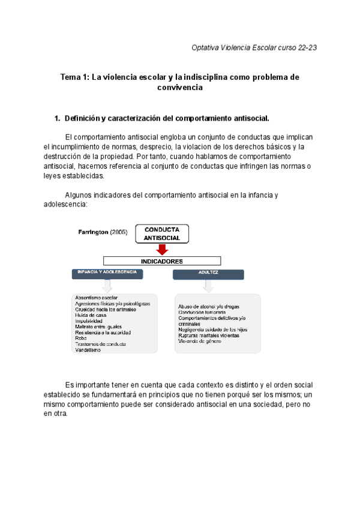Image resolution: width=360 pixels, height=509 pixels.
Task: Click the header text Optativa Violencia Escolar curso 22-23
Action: (x=253, y=47)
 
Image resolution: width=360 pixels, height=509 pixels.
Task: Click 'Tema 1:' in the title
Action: (x=75, y=77)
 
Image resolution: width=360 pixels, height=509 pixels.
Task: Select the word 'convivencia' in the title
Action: (x=180, y=88)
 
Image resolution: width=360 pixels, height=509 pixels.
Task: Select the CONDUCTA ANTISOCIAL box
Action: (x=161, y=233)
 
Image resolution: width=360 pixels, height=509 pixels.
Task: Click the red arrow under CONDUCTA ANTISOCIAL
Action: (x=161, y=249)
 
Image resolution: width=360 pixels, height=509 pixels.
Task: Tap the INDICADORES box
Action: (x=161, y=261)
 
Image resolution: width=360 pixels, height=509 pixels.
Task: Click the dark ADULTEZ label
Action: (x=208, y=274)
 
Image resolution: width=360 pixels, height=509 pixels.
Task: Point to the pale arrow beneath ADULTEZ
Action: (x=208, y=287)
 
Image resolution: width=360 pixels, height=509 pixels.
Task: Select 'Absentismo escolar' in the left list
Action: (x=96, y=298)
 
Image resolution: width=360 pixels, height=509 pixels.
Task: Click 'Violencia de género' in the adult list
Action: (x=200, y=341)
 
